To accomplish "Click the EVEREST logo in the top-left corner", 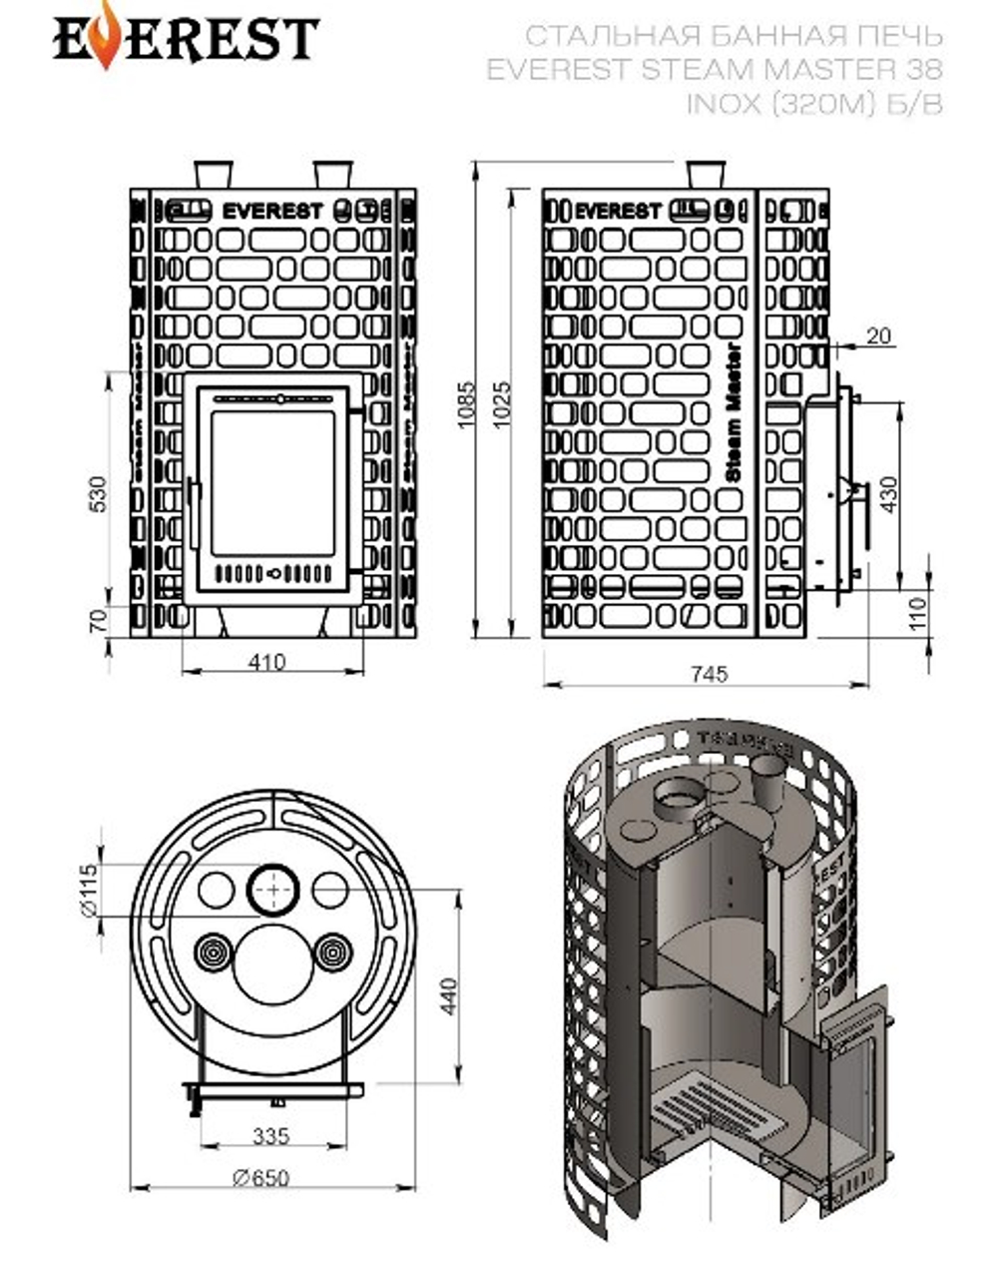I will click(x=185, y=37).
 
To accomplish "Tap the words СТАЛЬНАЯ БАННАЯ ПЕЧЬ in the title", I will click(x=734, y=37).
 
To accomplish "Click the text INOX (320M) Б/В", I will click(x=813, y=103).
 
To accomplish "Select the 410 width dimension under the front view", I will click(x=266, y=661).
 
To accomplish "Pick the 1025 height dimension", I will click(x=502, y=404).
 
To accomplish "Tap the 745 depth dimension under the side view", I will click(x=709, y=674).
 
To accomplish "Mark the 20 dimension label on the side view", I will click(x=878, y=336).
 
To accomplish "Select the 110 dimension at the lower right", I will click(x=919, y=612).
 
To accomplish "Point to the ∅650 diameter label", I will click(x=260, y=1177).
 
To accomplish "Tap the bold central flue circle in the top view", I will click(x=272, y=889).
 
